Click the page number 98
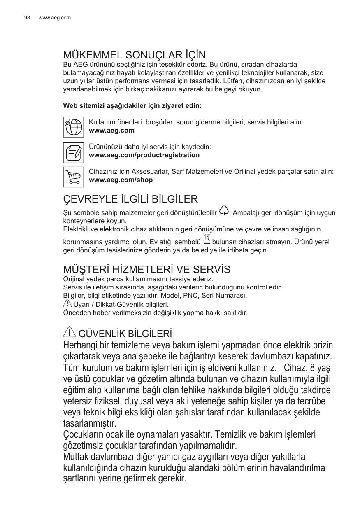point(27,18)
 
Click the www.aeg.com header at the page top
point(54,18)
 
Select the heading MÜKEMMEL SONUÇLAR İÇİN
point(134,55)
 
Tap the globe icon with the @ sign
point(73,126)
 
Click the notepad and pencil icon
point(73,153)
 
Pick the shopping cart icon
point(73,177)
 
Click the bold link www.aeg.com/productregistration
point(144,155)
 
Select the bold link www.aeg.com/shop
point(121,180)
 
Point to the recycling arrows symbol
point(224,210)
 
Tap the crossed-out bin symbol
point(207,239)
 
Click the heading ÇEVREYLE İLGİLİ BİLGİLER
point(130,199)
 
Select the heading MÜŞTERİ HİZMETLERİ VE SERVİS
point(146,270)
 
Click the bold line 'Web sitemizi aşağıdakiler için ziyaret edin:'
point(132,106)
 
